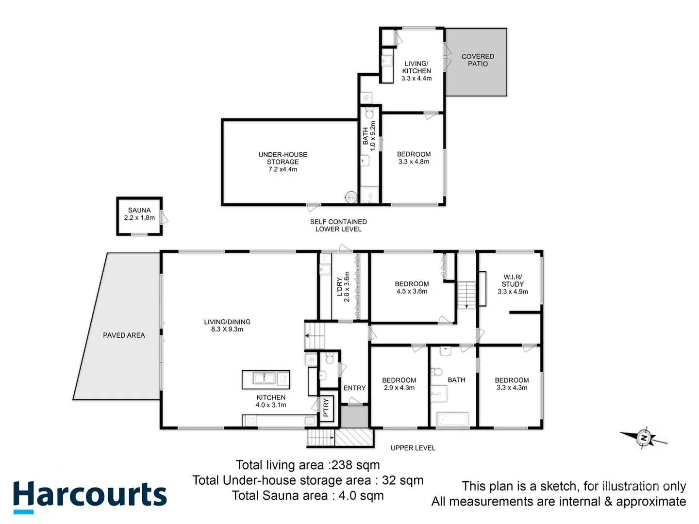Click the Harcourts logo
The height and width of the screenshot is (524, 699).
pos(90,496)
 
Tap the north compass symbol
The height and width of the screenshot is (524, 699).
pos(644,438)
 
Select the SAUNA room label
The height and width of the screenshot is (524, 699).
pos(139,214)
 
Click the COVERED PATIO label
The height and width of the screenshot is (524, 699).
pos(478,60)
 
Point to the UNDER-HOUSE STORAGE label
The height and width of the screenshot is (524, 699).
pos(283,162)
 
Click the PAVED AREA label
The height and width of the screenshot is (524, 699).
pos(124,335)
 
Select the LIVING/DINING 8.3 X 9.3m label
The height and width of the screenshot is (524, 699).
pos(227,326)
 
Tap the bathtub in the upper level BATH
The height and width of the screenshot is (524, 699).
pos(452,419)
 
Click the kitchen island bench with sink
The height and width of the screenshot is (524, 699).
pos(266,379)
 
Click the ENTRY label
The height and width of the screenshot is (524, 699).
pos(354,388)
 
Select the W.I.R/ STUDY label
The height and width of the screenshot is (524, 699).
pos(513,284)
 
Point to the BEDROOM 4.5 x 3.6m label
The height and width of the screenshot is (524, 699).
pos(412,288)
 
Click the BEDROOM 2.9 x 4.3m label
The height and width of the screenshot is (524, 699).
pos(399,384)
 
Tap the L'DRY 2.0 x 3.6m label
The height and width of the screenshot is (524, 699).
pos(343,287)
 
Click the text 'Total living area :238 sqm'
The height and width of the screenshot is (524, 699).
pos(308,465)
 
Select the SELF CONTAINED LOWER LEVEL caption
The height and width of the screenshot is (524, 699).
pos(338,225)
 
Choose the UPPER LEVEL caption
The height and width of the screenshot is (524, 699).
pos(413,448)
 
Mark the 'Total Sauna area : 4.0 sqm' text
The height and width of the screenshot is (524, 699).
pos(308,495)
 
